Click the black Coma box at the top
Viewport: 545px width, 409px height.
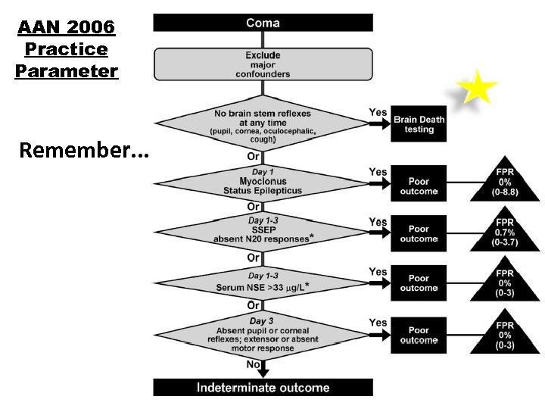(263, 23)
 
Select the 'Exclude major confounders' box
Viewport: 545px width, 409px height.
(263, 64)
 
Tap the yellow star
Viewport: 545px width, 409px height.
(478, 88)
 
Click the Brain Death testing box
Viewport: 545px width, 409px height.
(419, 124)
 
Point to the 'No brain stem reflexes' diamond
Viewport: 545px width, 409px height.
(263, 125)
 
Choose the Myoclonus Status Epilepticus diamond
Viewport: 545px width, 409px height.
(263, 183)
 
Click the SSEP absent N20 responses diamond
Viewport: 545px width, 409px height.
(263, 229)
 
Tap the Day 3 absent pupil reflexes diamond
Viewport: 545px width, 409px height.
(263, 335)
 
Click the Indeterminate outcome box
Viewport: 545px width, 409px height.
(263, 387)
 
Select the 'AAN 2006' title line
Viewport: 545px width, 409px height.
(66, 28)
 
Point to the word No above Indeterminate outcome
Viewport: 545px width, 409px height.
(254, 364)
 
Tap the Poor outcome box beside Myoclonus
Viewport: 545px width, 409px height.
(419, 186)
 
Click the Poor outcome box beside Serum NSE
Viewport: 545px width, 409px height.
(419, 283)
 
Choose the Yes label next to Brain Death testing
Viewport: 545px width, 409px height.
(378, 113)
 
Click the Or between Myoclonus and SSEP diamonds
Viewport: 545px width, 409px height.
(254, 206)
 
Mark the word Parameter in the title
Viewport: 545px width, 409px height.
(66, 71)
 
